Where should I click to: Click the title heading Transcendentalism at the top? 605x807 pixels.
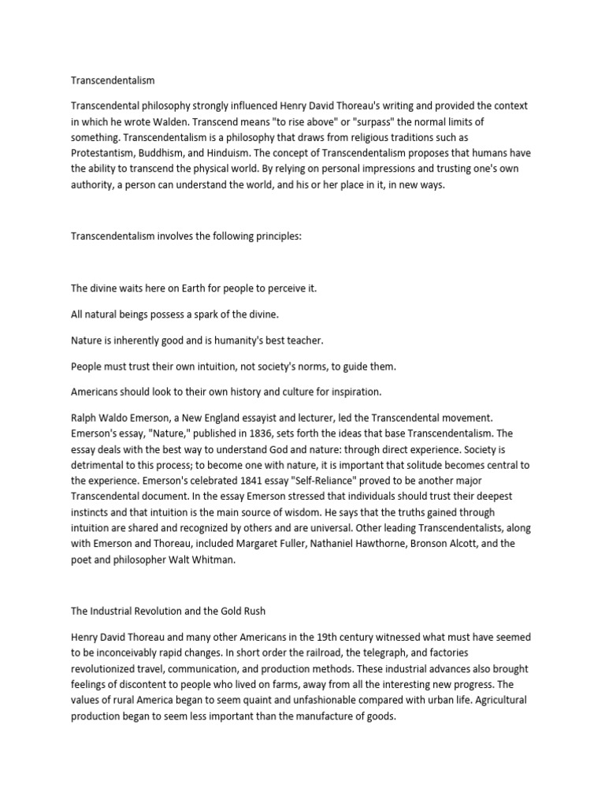click(113, 80)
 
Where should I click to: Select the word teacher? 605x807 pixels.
click(299, 340)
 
